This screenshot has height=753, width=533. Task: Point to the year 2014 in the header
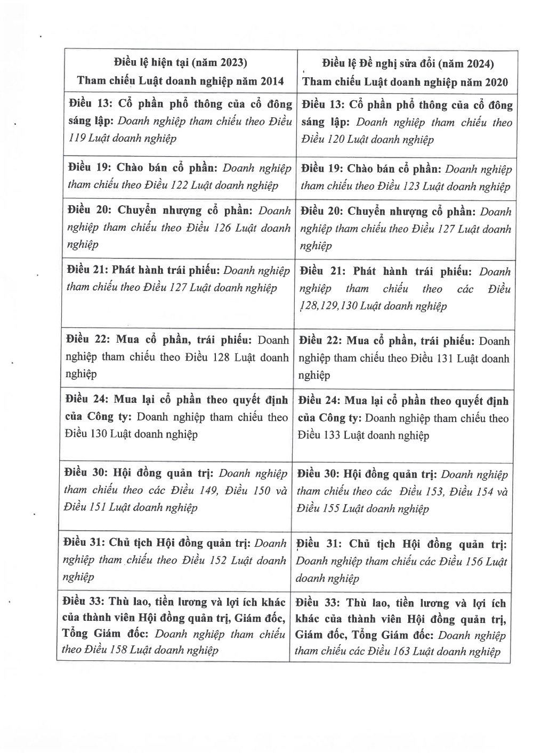(272, 81)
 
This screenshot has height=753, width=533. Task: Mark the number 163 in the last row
(404, 651)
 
